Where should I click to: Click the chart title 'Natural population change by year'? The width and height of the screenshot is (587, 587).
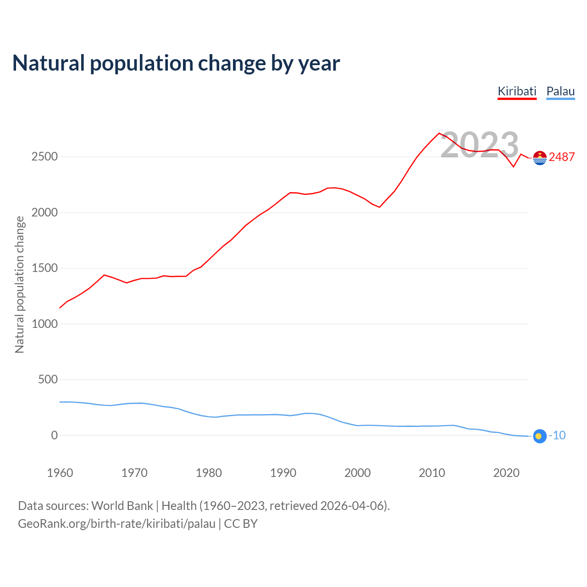coord(176,63)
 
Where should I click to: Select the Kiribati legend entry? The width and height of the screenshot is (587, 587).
coord(517,91)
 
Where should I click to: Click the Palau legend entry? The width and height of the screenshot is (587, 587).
coord(560,91)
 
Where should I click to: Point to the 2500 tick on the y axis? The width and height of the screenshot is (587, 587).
coord(44,157)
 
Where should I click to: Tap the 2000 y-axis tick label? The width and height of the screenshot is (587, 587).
coord(44,213)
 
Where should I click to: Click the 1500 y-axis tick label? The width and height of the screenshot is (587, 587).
coord(44,268)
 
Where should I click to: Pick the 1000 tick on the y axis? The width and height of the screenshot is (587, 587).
coord(44,324)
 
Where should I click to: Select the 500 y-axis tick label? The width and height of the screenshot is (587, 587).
coord(48,380)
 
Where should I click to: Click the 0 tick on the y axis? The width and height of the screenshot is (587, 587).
coord(55,436)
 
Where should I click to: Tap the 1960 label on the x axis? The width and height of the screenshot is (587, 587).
coord(60,473)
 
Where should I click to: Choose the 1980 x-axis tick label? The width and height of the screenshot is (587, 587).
coord(209,473)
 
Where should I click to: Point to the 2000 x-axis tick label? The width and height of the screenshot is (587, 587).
coord(357,473)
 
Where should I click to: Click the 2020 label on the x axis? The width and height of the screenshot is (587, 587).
coord(506,473)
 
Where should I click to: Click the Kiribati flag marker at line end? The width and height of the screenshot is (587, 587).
coord(540,158)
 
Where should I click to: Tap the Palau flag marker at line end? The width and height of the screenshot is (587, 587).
coord(540,437)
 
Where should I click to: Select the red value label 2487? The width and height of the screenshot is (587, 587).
coord(562,157)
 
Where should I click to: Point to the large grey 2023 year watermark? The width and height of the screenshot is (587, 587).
coord(479,145)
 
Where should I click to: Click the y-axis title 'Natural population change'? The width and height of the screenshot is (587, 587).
coord(20,284)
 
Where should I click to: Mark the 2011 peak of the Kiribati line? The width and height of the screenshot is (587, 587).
coord(439,133)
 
